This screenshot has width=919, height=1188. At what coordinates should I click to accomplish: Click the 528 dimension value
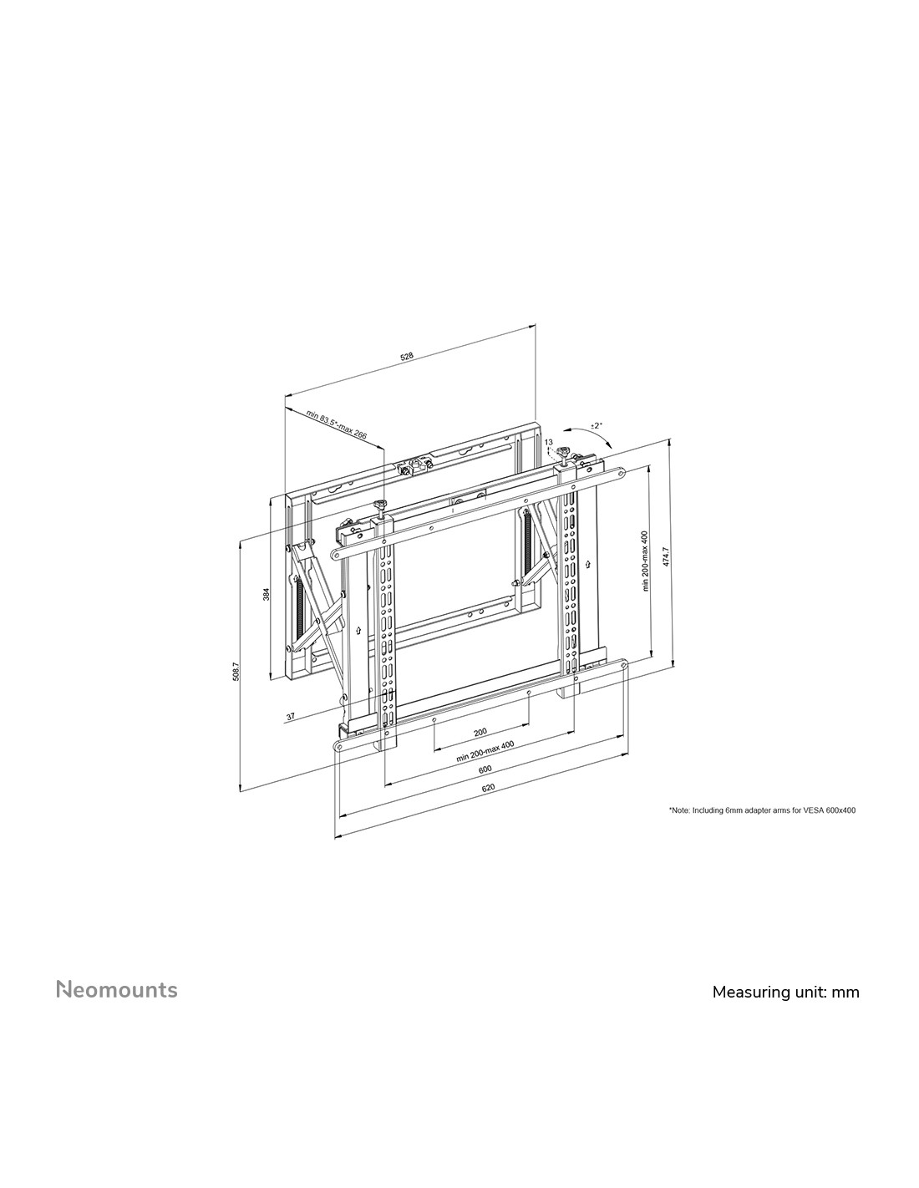pyautogui.click(x=407, y=357)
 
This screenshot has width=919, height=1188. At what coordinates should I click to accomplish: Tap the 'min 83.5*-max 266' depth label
pyautogui.click(x=336, y=426)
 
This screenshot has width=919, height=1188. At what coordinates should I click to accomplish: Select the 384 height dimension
pyautogui.click(x=267, y=594)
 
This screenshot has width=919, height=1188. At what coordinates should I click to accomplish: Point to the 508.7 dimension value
pyautogui.click(x=236, y=671)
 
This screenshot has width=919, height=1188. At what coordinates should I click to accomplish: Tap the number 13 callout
pyautogui.click(x=549, y=442)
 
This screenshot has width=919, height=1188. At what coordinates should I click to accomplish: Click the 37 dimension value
pyautogui.click(x=290, y=716)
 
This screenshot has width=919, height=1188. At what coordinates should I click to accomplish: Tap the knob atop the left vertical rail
pyautogui.click(x=380, y=504)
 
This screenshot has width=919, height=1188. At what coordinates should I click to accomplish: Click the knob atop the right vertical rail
pyautogui.click(x=563, y=452)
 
